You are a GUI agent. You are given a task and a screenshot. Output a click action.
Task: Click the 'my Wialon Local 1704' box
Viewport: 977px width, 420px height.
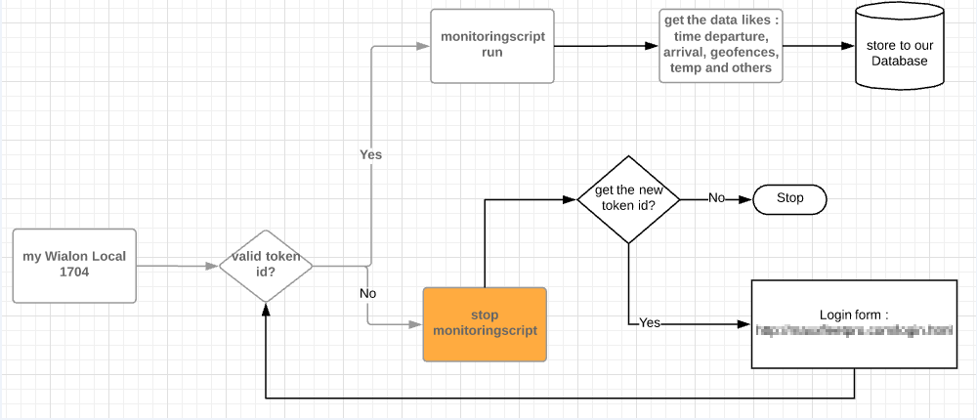[74, 265]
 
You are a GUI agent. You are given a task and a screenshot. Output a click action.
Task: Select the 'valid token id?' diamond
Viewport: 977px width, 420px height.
[265, 265]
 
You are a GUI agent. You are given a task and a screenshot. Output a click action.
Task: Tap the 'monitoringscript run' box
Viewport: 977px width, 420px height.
[492, 46]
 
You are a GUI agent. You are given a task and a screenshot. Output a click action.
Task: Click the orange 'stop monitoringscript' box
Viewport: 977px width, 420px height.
[485, 324]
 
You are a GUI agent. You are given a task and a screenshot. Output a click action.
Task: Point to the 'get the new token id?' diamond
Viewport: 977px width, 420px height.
[628, 198]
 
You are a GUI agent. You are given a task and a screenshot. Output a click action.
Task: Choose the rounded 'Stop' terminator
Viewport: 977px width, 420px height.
[789, 198]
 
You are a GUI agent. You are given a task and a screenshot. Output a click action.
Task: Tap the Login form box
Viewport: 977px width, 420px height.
[854, 324]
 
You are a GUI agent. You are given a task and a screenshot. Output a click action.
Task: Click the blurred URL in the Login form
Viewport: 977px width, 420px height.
[854, 332]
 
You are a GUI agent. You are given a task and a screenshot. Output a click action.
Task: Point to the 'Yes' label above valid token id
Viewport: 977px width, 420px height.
[371, 154]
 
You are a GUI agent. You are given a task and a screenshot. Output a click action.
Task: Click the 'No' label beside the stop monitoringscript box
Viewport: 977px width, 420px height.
[368, 293]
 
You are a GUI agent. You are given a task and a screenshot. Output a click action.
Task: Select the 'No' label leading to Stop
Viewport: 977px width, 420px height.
[716, 198]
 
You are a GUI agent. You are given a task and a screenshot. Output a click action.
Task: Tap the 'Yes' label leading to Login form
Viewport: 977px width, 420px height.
[650, 322]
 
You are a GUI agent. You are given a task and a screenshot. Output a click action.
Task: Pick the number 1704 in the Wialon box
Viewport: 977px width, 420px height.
[74, 273]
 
